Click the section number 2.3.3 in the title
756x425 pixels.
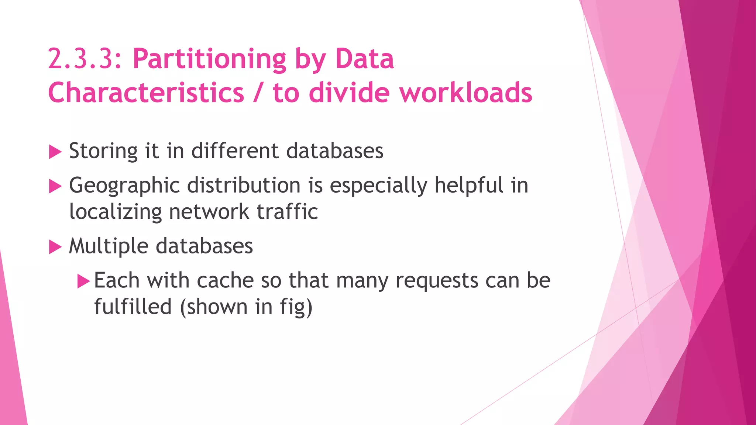84,59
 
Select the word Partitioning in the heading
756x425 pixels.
209,59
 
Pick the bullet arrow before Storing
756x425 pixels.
55,152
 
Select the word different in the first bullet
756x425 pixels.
235,151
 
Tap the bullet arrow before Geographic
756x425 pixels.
55,186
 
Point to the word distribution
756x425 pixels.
244,185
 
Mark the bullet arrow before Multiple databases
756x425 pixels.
55,247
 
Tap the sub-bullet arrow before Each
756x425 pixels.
83,281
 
